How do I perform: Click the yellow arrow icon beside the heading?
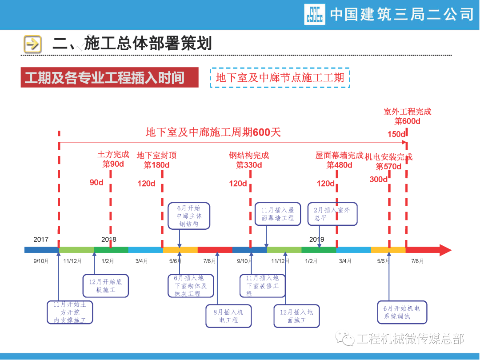click(32, 44)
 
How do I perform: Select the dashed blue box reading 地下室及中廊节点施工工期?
click(280, 78)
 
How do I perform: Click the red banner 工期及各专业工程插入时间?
click(109, 78)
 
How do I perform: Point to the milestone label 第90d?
click(113, 164)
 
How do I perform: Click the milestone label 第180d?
click(156, 165)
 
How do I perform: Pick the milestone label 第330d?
click(249, 165)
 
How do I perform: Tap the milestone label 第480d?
click(339, 165)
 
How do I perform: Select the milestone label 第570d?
click(388, 167)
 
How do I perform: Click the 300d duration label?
click(379, 179)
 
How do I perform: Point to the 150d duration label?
click(396, 134)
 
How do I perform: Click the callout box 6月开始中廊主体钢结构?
click(189, 216)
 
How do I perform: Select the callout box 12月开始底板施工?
click(105, 286)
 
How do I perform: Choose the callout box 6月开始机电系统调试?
click(402, 312)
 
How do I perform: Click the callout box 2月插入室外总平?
click(332, 214)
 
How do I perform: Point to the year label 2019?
click(317, 240)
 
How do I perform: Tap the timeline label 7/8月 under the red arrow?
click(417, 261)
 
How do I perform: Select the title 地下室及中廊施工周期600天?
click(213, 132)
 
